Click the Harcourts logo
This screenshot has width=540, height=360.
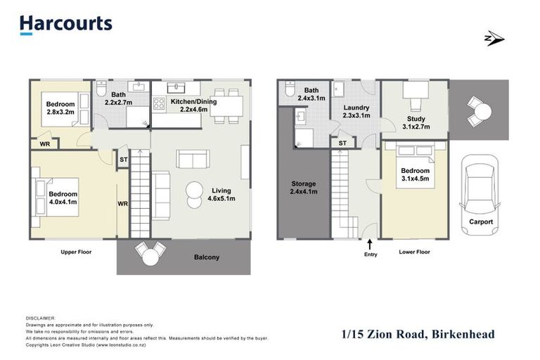[x=65, y=24]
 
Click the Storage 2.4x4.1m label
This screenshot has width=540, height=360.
[x=304, y=188]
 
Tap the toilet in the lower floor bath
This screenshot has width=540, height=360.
[x=289, y=90]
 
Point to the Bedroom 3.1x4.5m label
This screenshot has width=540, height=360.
[x=415, y=174]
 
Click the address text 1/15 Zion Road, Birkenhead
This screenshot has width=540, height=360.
[x=418, y=334]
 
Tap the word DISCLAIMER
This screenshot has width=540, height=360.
[x=40, y=319]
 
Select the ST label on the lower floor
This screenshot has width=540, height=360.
[x=342, y=143]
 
